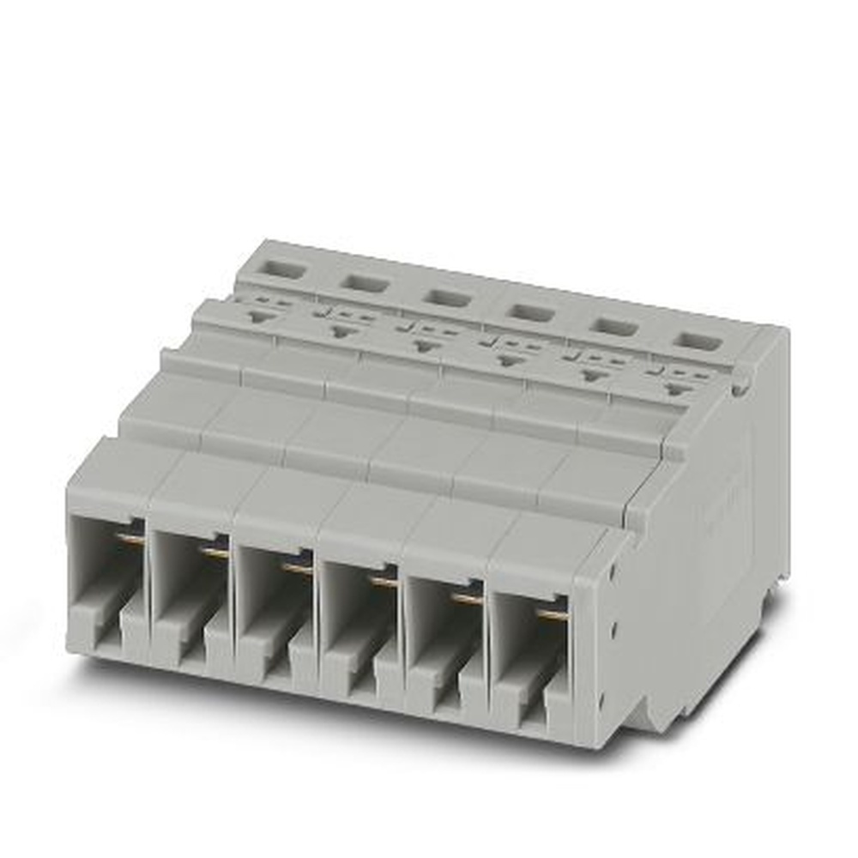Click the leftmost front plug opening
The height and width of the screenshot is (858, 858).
pos(106,583)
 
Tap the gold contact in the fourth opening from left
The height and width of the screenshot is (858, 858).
pos(385,583)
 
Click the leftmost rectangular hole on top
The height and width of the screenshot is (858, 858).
pos(280,269)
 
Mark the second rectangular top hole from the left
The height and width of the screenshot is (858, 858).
pos(363,282)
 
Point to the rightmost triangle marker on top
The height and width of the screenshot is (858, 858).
pos(680,390)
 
